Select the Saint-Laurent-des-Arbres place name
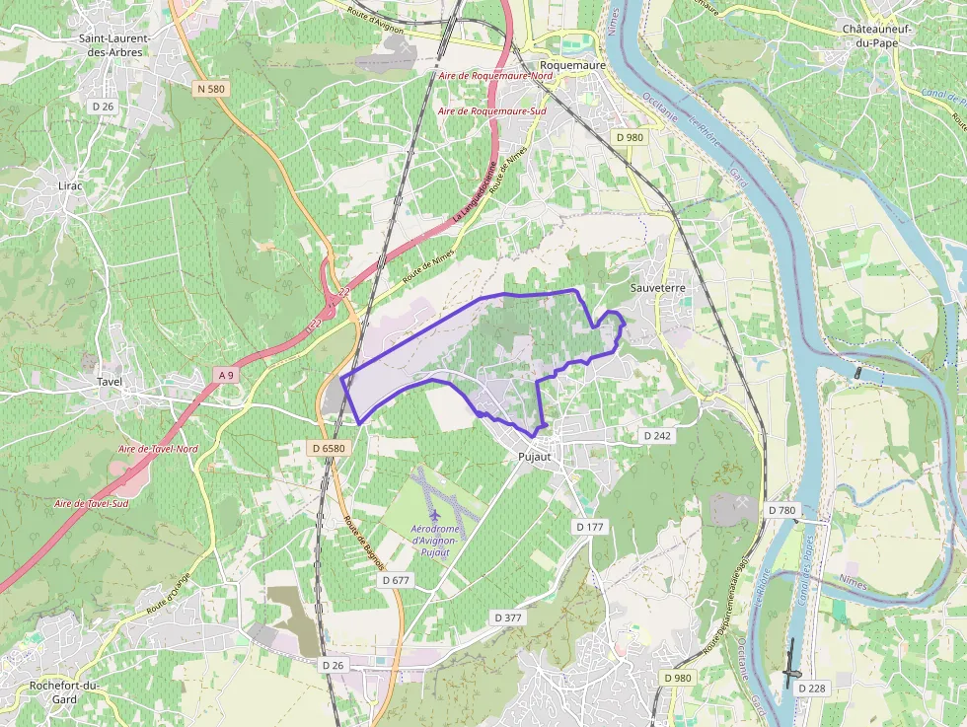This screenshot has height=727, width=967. pyautogui.click(x=115, y=45)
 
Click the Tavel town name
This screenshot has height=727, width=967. pyautogui.click(x=109, y=381)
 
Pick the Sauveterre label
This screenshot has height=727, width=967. pyautogui.click(x=657, y=287)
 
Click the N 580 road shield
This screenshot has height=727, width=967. pyautogui.click(x=211, y=89)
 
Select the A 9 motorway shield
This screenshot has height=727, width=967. pyautogui.click(x=227, y=374)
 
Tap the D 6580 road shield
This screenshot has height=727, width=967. pyautogui.click(x=328, y=448)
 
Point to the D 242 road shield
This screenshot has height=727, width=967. pyautogui.click(x=657, y=435)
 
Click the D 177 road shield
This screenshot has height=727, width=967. pyautogui.click(x=589, y=527)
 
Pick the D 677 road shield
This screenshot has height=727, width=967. pyautogui.click(x=395, y=580)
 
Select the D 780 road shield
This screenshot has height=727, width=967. pyautogui.click(x=781, y=510)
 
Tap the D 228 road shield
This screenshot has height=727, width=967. pyautogui.click(x=812, y=688)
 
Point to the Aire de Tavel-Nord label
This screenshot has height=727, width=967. pyautogui.click(x=158, y=449)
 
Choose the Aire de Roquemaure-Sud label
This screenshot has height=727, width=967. pyautogui.click(x=492, y=111)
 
